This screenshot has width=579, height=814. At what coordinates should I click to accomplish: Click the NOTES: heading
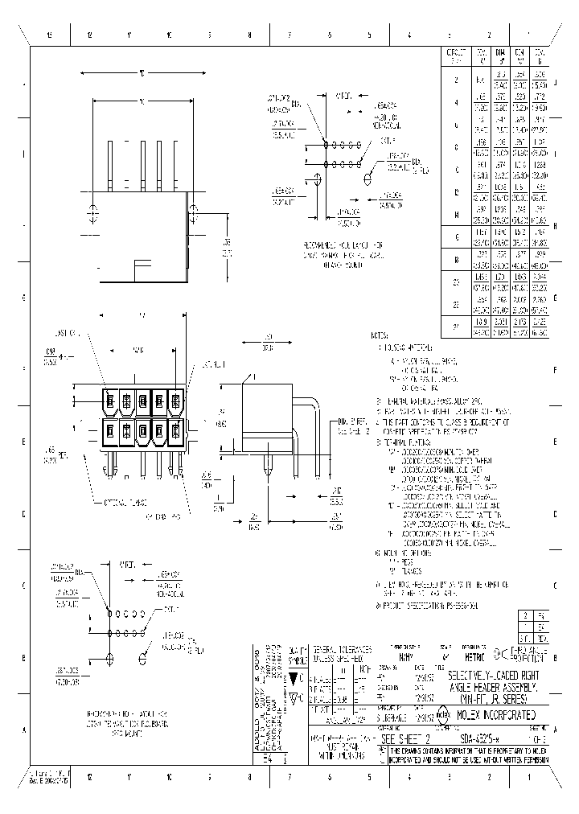coord(380,335)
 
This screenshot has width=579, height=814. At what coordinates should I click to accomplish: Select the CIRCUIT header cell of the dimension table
coord(456,55)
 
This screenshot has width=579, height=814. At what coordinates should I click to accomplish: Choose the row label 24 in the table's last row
coord(456,327)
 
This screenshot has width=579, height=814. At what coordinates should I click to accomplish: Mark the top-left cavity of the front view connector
coord(111,400)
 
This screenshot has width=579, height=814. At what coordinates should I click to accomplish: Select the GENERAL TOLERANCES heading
coord(342,649)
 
